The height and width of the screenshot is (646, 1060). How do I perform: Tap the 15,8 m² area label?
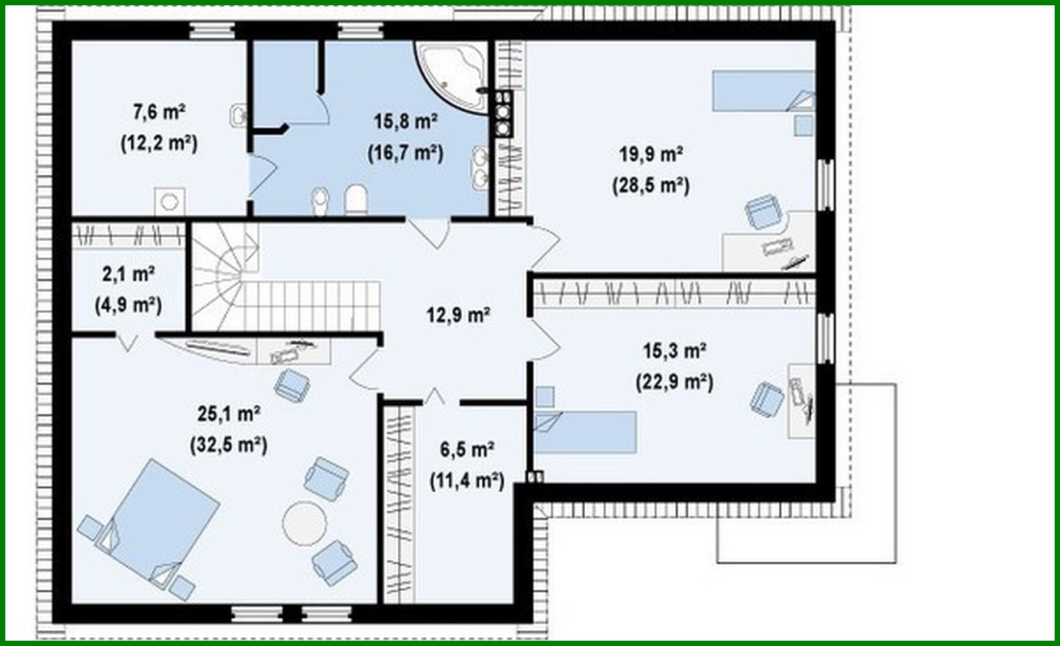pos(405,122)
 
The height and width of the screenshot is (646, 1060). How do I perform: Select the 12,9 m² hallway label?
pos(458,315)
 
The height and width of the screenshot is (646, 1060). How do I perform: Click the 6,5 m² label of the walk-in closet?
pos(466,450)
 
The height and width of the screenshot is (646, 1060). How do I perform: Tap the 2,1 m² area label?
pos(128,274)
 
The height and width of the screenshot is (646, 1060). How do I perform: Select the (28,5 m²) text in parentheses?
pos(651,186)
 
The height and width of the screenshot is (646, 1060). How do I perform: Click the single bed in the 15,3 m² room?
pos(585,432)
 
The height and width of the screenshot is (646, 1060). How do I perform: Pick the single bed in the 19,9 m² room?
pos(763,91)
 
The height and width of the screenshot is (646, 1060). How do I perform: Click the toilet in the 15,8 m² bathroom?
pos(355,199)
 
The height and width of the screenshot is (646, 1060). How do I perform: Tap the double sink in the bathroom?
pos(479,168)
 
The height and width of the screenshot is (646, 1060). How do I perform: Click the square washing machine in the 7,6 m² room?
pos(170,202)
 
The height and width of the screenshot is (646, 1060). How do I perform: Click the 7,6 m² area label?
pos(159,112)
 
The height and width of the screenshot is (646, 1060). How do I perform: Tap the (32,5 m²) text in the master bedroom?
pos(228,445)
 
